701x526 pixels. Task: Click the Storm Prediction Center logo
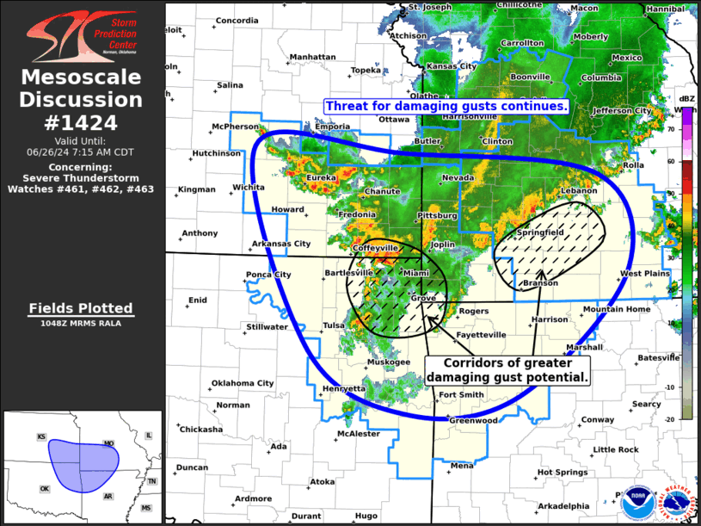pos(83,35)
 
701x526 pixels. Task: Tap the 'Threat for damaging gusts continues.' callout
pos(446,106)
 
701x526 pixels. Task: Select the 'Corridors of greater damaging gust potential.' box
pos(507,370)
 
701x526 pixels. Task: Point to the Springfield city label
pos(539,233)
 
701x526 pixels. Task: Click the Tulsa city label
pos(333,325)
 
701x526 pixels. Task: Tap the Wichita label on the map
pos(248,187)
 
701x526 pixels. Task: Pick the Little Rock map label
pos(616,449)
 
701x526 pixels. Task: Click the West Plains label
pos(644,273)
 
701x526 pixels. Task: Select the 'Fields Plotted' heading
pos(81,308)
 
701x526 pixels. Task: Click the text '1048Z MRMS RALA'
pos(81,324)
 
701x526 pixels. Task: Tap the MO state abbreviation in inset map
pos(109,443)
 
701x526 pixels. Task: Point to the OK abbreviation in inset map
pos(45,488)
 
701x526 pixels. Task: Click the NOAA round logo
pos(637,500)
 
